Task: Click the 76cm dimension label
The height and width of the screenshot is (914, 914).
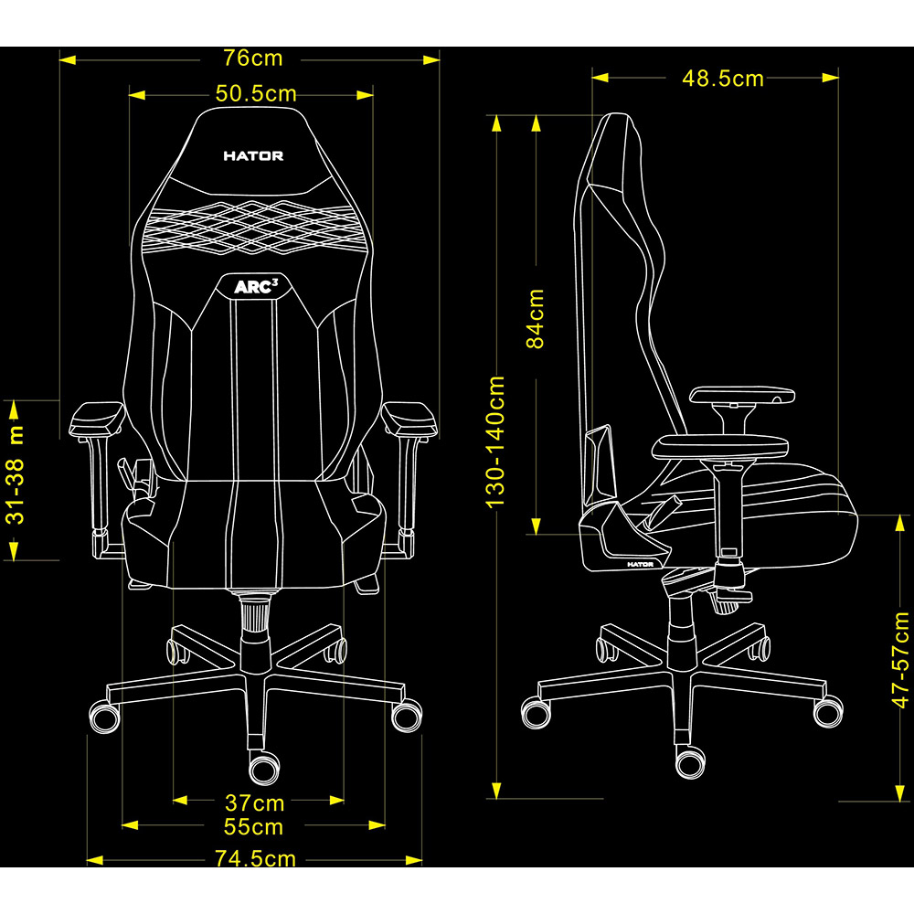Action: pos(253,58)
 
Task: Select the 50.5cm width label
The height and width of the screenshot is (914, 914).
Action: pos(256,93)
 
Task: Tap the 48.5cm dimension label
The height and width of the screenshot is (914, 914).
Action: pos(723,79)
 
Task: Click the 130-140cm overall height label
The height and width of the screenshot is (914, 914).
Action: pos(496,441)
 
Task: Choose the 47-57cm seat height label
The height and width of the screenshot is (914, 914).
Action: pos(901,660)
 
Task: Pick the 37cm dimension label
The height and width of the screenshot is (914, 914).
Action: pos(255,803)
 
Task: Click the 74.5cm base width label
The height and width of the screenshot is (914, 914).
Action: pos(256,859)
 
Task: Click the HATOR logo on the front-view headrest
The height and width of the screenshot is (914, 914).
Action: pos(253,156)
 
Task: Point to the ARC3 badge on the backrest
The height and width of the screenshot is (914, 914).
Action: pos(255,287)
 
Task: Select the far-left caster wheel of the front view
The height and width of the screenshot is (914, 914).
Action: pos(102,714)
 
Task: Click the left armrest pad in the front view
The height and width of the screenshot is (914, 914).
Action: pos(97,419)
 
